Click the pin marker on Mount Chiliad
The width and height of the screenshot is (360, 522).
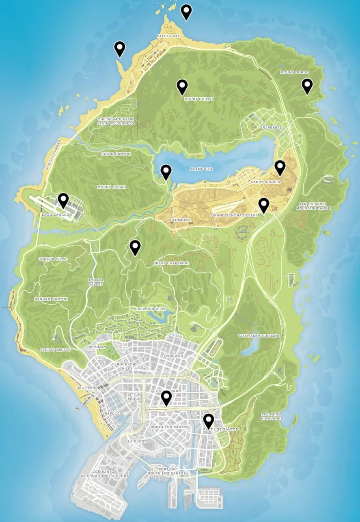[x=182, y=86]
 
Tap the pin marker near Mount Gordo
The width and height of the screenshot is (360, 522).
[x=307, y=86]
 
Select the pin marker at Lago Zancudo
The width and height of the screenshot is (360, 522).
[x=63, y=200]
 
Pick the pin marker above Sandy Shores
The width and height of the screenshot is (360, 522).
[x=280, y=167]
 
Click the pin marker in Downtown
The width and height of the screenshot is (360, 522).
[x=166, y=397]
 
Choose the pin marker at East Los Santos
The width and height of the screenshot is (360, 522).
[x=209, y=421]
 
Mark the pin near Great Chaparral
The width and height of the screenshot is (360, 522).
[x=135, y=247]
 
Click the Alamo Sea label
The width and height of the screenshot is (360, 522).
[x=201, y=170]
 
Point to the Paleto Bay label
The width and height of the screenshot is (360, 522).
[x=168, y=36]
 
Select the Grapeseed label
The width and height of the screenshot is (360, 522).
[x=271, y=127]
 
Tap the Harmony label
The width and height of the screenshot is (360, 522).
[x=181, y=220]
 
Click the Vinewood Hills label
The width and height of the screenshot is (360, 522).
[x=150, y=309]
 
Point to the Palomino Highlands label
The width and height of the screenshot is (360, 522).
[x=272, y=416]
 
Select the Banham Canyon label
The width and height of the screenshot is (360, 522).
[x=51, y=299]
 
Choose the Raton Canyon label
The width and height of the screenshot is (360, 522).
[x=116, y=154]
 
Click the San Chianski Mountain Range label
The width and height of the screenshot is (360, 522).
[x=314, y=206]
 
